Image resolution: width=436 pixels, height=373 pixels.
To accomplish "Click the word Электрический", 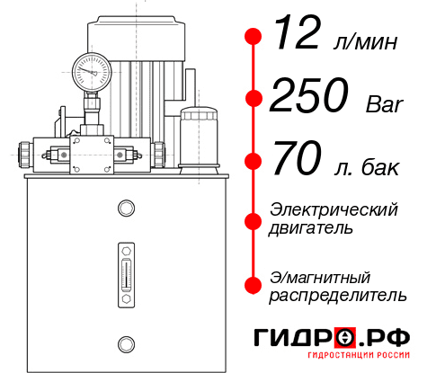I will [334, 209].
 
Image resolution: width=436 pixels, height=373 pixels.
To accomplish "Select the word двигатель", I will [311, 228].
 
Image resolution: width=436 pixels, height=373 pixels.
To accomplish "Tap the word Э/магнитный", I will [320, 276].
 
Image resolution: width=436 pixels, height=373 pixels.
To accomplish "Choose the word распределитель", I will [337, 295].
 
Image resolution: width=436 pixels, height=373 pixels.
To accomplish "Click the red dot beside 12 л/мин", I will [254, 37].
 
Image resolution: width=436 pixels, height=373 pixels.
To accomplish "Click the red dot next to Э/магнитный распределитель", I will [254, 285].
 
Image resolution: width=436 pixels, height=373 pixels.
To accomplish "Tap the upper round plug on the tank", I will [125, 209].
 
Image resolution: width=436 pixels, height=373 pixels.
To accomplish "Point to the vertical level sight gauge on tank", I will [125, 271].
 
